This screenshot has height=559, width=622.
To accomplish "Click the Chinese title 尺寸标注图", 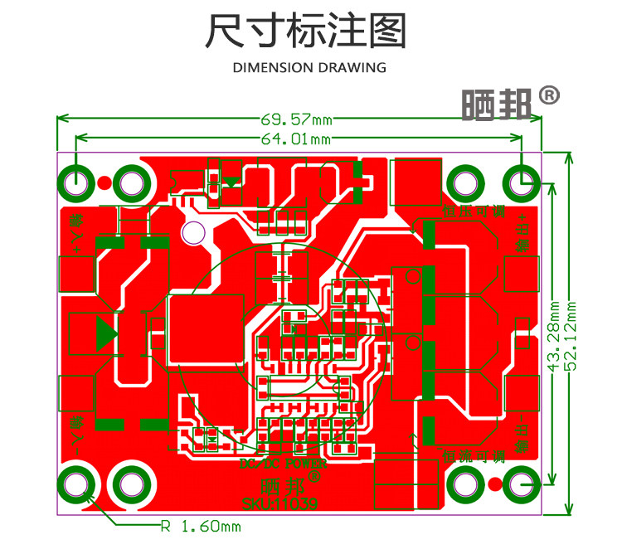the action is coord(306,32).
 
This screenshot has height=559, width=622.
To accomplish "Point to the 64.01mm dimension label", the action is coord(296,139).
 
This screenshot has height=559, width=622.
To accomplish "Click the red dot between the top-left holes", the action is coord(104,182).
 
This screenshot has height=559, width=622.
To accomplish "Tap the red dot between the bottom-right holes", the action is coord(494,484).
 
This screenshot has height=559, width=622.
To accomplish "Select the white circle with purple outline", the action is coord(193,233).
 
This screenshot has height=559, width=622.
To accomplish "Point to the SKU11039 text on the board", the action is coord(279,503).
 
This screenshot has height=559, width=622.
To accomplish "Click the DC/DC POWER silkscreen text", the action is coord(282,465).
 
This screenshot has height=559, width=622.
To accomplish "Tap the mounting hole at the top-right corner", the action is coord(522,182).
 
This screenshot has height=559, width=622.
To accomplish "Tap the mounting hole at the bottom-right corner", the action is coord(522,484).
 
